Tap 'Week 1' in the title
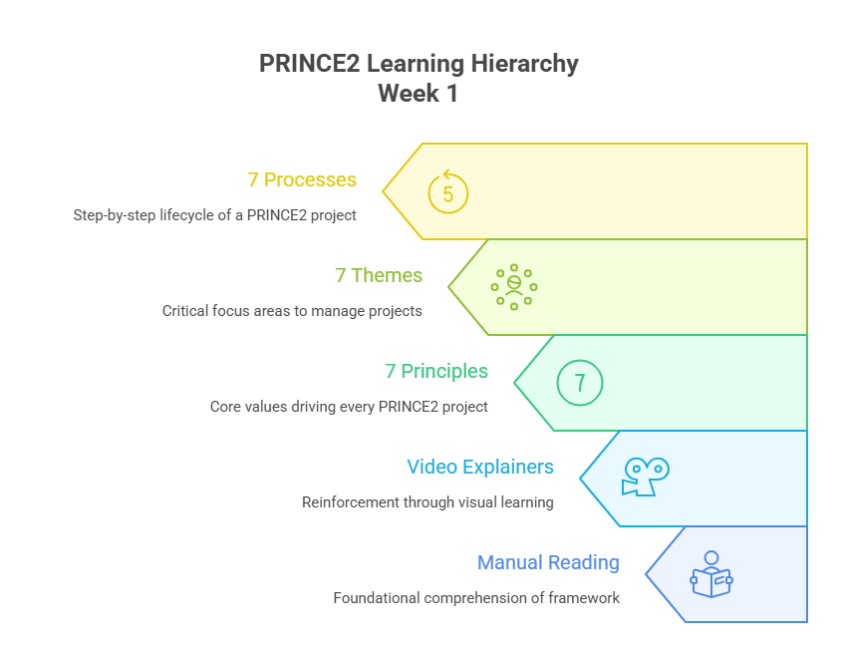point(418,95)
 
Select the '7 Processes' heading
point(302,180)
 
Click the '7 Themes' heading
point(379,276)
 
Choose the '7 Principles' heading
point(436,372)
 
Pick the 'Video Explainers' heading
point(480,468)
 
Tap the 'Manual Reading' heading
point(548,563)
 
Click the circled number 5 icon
point(448,192)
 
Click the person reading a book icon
point(711,574)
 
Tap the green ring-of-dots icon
point(514,287)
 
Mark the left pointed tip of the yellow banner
point(384,190)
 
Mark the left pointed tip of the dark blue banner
point(647,574)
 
